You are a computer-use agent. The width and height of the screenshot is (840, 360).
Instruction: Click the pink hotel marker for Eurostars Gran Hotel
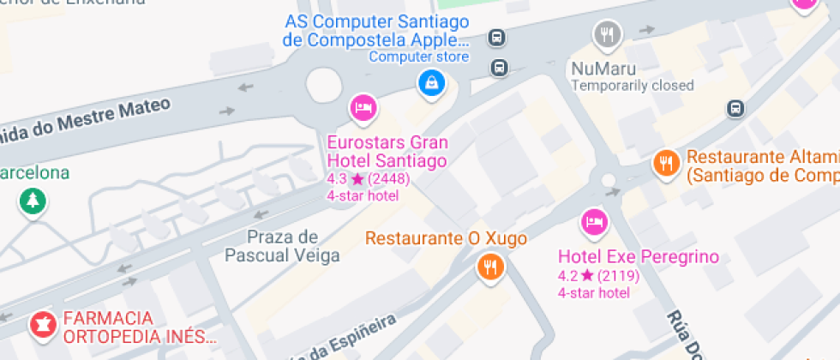(x=363, y=108)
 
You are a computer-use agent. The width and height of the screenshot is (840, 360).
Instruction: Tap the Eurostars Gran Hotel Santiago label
(x=387, y=151)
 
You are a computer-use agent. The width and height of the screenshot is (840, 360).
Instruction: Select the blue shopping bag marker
(x=431, y=82)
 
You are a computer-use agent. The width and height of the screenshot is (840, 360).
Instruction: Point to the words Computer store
(x=419, y=57)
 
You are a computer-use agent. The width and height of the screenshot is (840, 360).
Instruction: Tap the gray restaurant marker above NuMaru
(x=607, y=33)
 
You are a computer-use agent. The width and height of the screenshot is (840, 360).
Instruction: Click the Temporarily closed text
(x=633, y=86)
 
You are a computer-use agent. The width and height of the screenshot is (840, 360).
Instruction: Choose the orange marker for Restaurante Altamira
(x=666, y=162)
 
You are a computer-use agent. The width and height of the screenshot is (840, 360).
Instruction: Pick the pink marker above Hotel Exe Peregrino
(x=593, y=222)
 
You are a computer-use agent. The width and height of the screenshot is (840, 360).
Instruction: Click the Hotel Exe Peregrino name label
(x=638, y=257)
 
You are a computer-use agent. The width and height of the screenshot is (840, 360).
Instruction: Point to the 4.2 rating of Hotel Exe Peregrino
(x=567, y=276)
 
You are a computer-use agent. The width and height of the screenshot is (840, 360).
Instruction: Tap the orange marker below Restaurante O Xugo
(x=490, y=267)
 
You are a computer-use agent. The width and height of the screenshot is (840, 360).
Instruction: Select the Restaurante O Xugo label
(x=446, y=238)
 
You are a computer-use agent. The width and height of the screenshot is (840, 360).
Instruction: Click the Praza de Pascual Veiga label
(x=282, y=246)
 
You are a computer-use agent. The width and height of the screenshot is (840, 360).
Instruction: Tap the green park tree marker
(x=33, y=202)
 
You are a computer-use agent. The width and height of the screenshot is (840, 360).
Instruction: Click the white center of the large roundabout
(x=323, y=85)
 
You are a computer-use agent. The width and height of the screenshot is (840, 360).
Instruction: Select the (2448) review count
(x=390, y=179)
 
